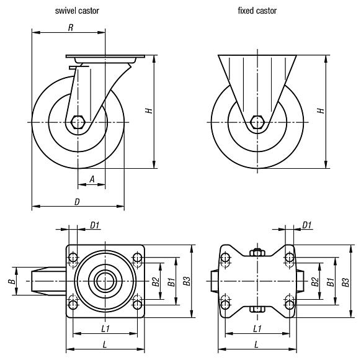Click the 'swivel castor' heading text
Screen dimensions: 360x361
(x=76, y=11)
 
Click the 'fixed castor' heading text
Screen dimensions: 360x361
(x=257, y=11)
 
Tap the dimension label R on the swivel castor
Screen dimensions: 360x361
(x=71, y=27)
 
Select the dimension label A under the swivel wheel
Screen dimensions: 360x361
(x=92, y=179)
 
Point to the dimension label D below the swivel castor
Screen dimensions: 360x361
(x=77, y=201)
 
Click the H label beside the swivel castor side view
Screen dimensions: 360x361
(x=148, y=110)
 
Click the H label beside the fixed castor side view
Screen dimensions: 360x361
(x=320, y=110)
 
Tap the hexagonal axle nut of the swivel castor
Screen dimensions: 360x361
(x=78, y=122)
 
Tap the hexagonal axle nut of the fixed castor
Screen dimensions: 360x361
(x=257, y=122)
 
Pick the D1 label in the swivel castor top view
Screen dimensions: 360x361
(x=95, y=225)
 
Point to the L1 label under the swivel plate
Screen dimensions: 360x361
(x=105, y=327)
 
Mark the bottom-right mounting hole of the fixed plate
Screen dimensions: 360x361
(x=289, y=304)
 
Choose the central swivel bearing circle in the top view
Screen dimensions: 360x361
(x=106, y=281)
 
